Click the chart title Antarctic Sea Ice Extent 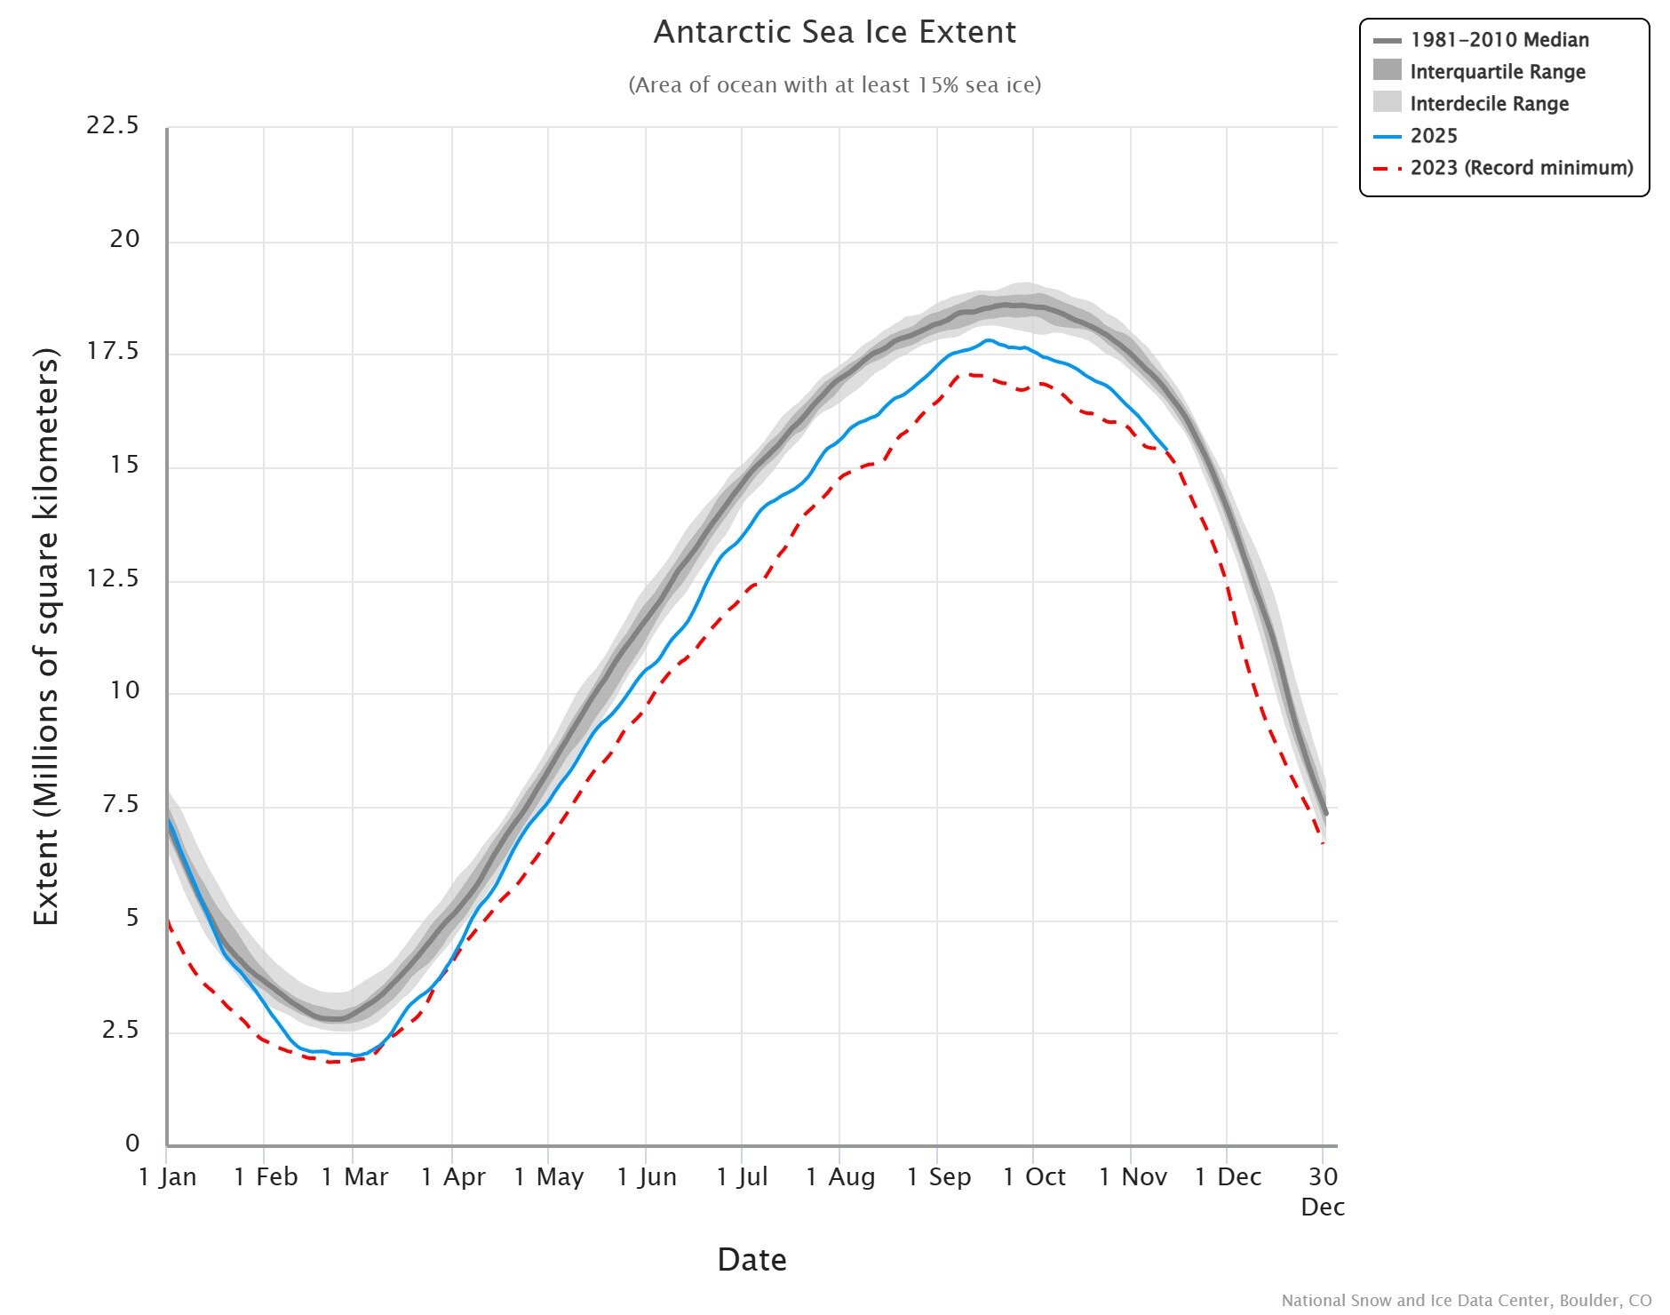pos(834,33)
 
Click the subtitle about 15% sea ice pos(834,85)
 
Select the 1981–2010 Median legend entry pos(1499,40)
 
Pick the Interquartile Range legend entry pos(1497,72)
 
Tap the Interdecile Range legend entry pos(1489,104)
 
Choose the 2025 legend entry pos(1433,136)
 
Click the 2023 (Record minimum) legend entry pos(1521,168)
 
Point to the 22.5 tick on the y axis pos(113,125)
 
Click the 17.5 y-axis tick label pos(113,352)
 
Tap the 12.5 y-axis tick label pos(113,578)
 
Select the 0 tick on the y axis pos(132,1144)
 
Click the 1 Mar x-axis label pos(354,1177)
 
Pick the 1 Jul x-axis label pos(742,1177)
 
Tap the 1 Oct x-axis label pos(1034,1177)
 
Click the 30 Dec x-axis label pos(1323,1191)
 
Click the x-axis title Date pos(751,1260)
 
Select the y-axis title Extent pos(46,636)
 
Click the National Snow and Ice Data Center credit pos(1466,1301)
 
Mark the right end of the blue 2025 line pos(1166,450)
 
